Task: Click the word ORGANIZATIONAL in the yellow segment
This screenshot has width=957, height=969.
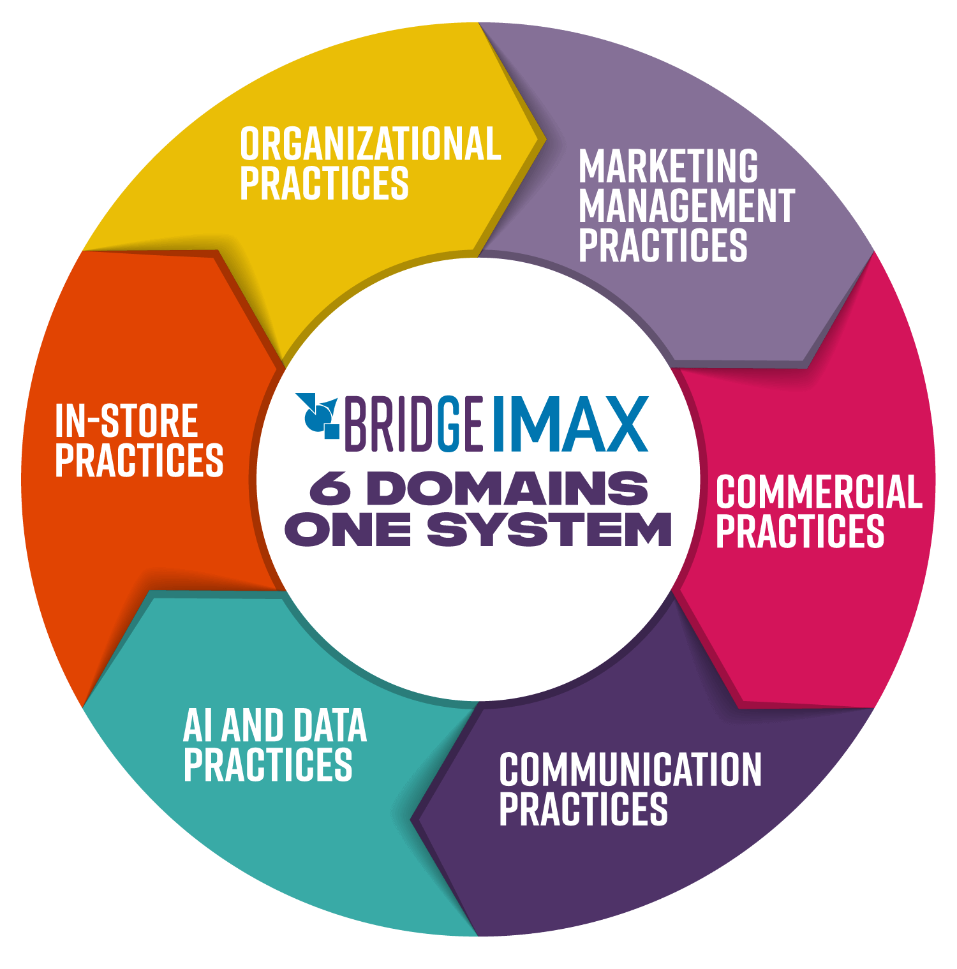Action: point(370,144)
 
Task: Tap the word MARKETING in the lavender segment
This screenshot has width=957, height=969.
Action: point(668,166)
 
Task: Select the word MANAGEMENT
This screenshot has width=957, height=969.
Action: point(686,206)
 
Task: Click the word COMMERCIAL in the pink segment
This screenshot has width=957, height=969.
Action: point(819,492)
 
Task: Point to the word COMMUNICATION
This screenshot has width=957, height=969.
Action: point(630,770)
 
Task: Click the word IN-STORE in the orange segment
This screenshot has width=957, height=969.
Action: point(126,421)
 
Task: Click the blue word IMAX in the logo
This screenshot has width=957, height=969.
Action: point(570,424)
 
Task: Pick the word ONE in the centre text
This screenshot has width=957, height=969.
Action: point(348,529)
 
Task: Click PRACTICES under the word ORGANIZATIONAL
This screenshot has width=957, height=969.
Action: point(324,184)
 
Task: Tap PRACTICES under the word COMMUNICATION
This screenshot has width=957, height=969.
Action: point(583,810)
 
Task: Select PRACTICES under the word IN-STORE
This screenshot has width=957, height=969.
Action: point(139,460)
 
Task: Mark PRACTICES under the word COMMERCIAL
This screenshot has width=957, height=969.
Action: point(800,531)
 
